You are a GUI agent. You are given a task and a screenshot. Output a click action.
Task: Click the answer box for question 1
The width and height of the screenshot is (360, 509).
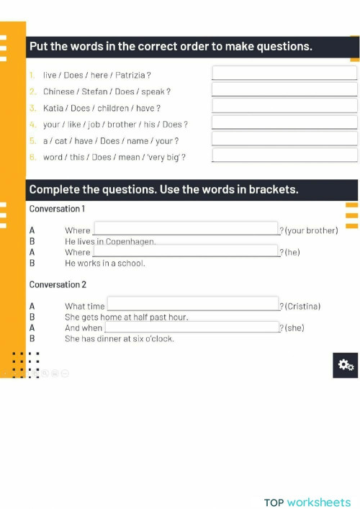(x=284, y=73)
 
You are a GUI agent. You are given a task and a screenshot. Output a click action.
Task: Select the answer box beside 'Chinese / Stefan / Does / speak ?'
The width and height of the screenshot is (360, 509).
(x=284, y=90)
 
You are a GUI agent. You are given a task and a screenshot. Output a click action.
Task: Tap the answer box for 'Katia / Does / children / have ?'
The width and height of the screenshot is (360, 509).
(x=284, y=107)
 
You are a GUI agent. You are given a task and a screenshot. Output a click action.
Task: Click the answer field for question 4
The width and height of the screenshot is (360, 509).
(x=284, y=123)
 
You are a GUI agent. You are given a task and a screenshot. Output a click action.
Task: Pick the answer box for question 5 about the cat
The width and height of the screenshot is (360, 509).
(x=284, y=140)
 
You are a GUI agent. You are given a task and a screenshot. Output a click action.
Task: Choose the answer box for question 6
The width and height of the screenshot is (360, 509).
(x=284, y=156)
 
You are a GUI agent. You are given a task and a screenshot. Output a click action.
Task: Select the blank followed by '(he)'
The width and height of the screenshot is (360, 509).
(x=185, y=251)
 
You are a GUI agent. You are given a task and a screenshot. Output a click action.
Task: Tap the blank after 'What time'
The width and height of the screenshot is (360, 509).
(x=192, y=305)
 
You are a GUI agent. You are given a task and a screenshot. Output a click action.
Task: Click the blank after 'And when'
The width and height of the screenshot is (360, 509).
(x=192, y=328)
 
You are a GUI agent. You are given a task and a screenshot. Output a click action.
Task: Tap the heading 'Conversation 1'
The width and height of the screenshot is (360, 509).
(x=57, y=209)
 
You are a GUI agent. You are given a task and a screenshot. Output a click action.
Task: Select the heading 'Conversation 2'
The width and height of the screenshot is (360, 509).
(x=58, y=284)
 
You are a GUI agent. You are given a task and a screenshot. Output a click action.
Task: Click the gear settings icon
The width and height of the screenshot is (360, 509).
(x=346, y=365)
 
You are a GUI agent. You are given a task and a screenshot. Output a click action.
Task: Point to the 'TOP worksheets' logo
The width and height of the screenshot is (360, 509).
(x=307, y=502)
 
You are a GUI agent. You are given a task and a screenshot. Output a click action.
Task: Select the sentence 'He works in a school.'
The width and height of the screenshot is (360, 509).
(x=104, y=263)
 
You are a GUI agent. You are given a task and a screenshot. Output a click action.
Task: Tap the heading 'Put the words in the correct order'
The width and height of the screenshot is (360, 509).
(x=170, y=47)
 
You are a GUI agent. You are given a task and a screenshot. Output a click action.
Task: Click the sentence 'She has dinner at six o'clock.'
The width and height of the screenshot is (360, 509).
(x=119, y=338)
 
